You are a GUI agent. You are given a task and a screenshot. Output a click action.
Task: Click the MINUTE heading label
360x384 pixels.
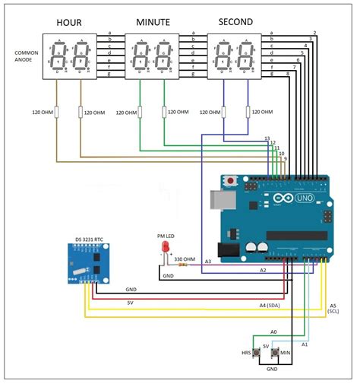coord(153,22)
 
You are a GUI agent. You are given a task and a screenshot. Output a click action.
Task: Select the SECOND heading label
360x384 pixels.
coord(235,22)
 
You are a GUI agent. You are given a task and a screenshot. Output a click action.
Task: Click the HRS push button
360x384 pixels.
coord(257,354)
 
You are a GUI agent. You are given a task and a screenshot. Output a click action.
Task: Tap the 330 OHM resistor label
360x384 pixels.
coord(185,259)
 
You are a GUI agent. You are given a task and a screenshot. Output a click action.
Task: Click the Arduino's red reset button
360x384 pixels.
coord(230,181)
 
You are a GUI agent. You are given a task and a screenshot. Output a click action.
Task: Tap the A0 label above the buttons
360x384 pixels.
coord(274,332)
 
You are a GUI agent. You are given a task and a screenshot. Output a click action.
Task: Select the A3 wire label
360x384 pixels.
coord(207,262)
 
